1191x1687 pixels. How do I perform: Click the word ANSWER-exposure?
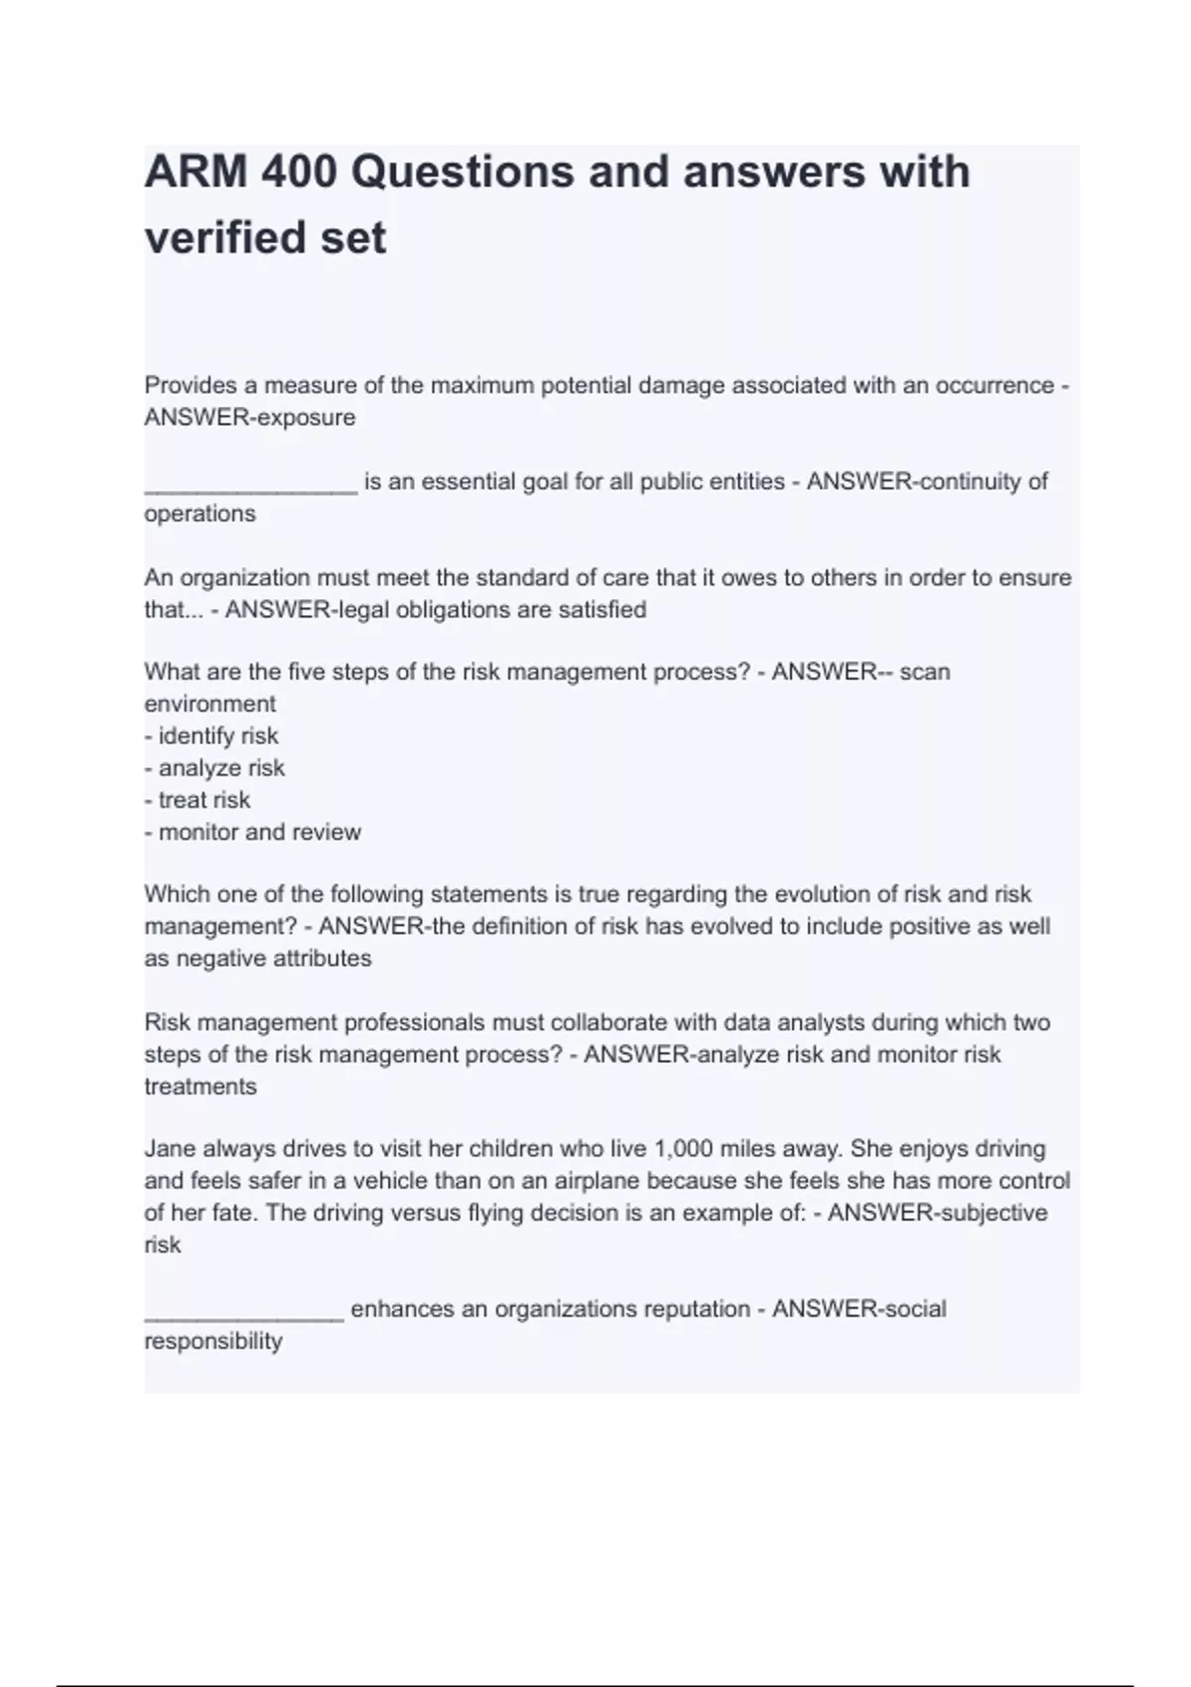click(250, 418)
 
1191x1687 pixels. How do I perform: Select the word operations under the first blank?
click(199, 514)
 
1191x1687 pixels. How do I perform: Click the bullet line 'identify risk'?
click(211, 736)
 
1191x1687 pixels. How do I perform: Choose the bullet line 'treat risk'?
click(198, 800)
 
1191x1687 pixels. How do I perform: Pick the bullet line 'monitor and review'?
click(253, 833)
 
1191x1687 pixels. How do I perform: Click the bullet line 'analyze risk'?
click(214, 768)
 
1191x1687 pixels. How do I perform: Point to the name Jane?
click(170, 1149)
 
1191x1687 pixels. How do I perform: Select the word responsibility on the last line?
click(213, 1342)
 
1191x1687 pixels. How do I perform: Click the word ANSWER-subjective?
click(937, 1213)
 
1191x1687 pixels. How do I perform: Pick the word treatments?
click(200, 1087)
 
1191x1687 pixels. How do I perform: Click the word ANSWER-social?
click(859, 1309)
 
